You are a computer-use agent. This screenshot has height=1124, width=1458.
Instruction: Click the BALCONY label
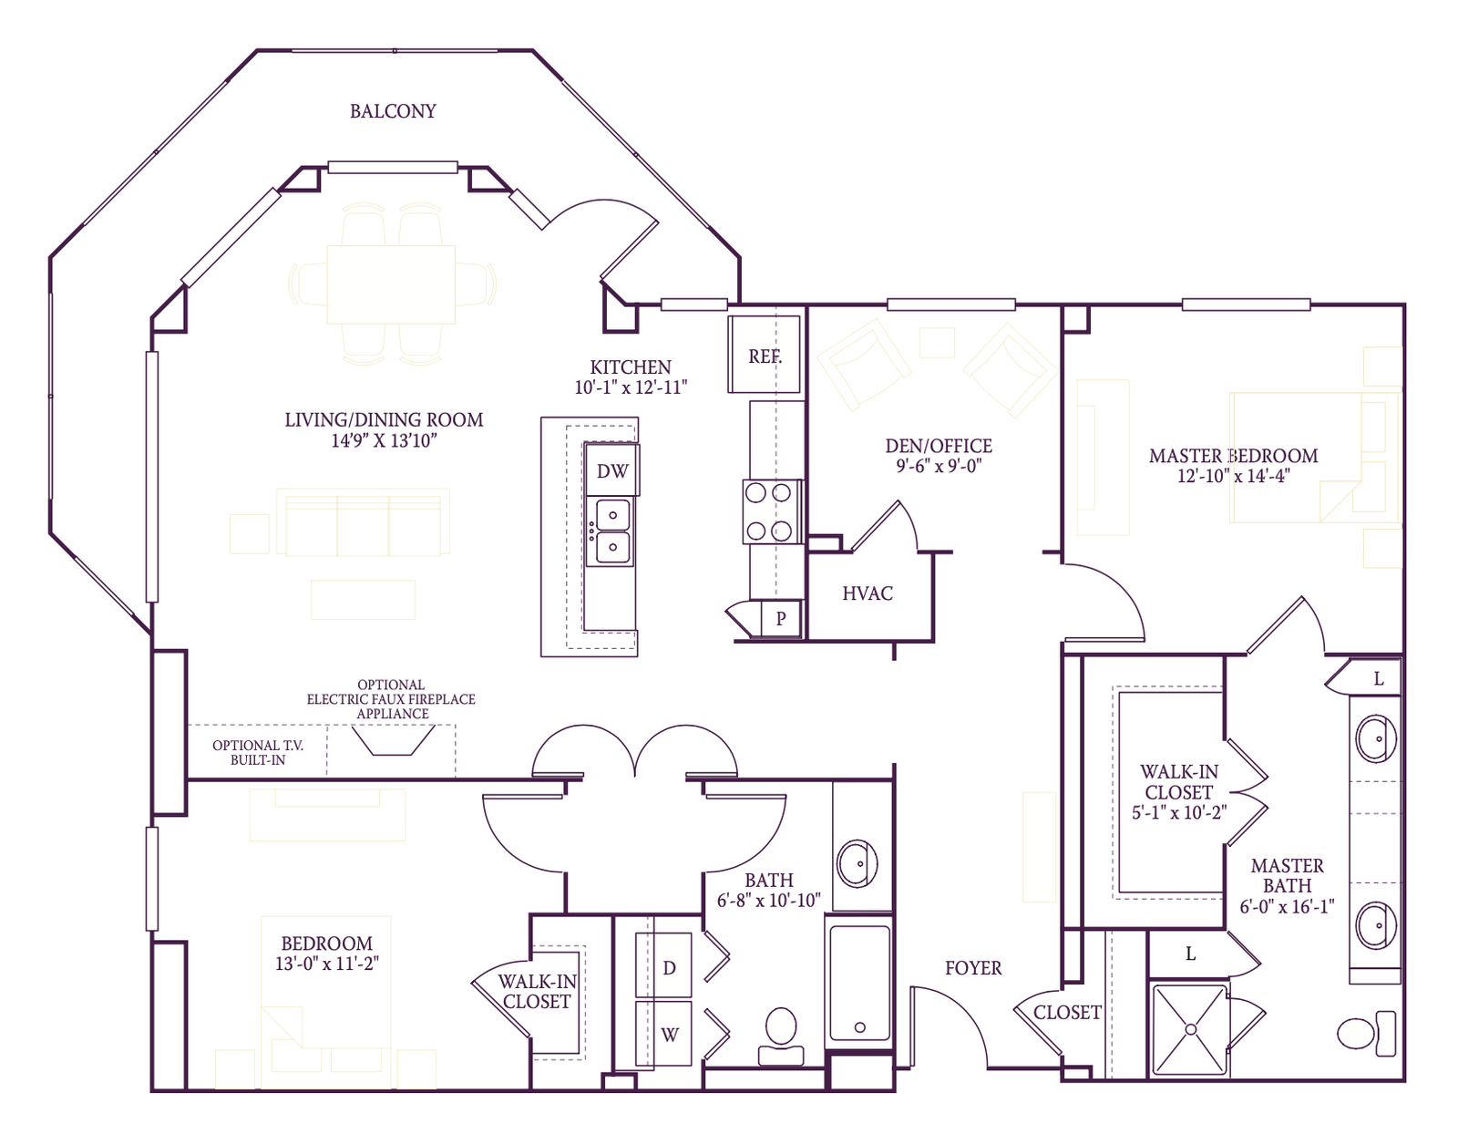[x=393, y=111]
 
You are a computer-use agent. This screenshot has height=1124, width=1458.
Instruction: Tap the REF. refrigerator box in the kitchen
[x=765, y=356]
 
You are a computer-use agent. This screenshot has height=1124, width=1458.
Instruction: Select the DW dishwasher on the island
[x=611, y=470]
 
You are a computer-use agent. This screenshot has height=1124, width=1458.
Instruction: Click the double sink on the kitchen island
[x=611, y=531]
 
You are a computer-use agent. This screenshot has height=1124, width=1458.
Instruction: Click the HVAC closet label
[x=867, y=593]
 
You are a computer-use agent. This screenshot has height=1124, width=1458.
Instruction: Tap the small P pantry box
[x=781, y=618]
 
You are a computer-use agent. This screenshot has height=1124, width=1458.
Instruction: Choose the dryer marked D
[x=669, y=967]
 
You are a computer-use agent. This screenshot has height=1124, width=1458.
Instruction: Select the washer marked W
[x=669, y=1035]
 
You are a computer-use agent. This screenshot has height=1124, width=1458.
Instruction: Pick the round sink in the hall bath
[x=857, y=862]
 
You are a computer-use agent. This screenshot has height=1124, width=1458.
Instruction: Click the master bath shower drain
[x=1190, y=1029]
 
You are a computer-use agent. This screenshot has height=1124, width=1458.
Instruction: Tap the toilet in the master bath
[x=1362, y=1033]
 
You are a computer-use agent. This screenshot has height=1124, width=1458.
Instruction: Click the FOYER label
[x=972, y=968]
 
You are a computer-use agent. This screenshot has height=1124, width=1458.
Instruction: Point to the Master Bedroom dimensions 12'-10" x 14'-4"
[x=1233, y=476]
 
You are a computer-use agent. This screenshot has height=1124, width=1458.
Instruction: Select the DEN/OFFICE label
[x=938, y=446]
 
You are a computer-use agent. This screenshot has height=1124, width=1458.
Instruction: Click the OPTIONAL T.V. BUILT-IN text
[x=257, y=752]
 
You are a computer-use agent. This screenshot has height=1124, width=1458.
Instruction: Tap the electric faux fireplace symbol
[x=393, y=741]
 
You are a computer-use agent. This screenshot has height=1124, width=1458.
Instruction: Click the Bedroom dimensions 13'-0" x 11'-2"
[x=326, y=964]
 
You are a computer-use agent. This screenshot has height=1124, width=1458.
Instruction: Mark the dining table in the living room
[x=391, y=284]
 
